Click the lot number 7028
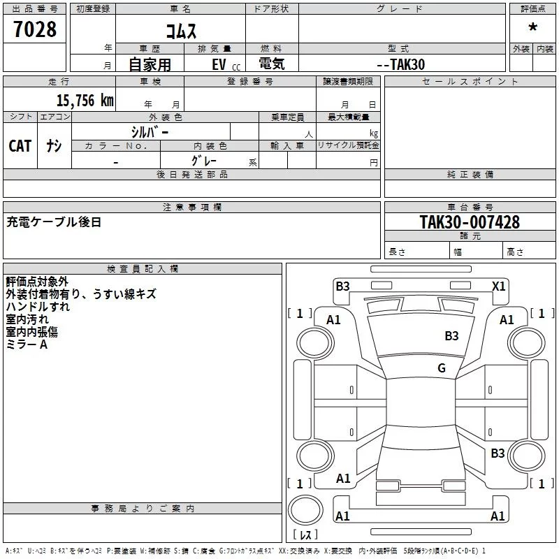35,29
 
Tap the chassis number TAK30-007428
470,222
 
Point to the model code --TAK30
400,64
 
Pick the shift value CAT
20,145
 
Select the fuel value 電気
272,64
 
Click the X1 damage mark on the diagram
499,286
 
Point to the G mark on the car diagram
442,368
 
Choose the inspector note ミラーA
27,344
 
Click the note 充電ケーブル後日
54,222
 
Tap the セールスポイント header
470,82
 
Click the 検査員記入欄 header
143,269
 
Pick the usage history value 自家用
150,64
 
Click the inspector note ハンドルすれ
38,307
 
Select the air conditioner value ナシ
54,145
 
